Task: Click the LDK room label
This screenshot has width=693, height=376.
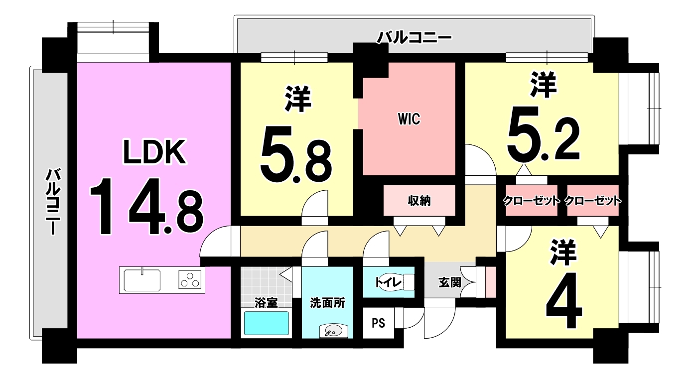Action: [x=154, y=153]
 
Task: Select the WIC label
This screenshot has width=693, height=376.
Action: [x=409, y=120]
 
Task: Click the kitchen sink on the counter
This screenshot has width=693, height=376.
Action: [x=142, y=279]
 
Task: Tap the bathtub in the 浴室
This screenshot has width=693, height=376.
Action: [x=267, y=323]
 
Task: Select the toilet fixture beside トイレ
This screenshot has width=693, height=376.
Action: [x=407, y=282]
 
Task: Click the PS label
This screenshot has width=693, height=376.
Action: [x=378, y=323]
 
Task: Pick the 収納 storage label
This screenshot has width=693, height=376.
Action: [x=419, y=201]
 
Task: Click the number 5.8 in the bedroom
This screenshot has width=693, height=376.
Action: [x=295, y=155]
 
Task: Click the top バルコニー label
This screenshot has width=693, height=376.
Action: [x=414, y=37]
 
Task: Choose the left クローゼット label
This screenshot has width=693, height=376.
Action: [x=532, y=201]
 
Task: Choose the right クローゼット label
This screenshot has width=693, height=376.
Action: [x=593, y=201]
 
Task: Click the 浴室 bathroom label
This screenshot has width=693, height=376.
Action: [x=266, y=302]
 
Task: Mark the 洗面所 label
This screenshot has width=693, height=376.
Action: [x=327, y=302]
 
